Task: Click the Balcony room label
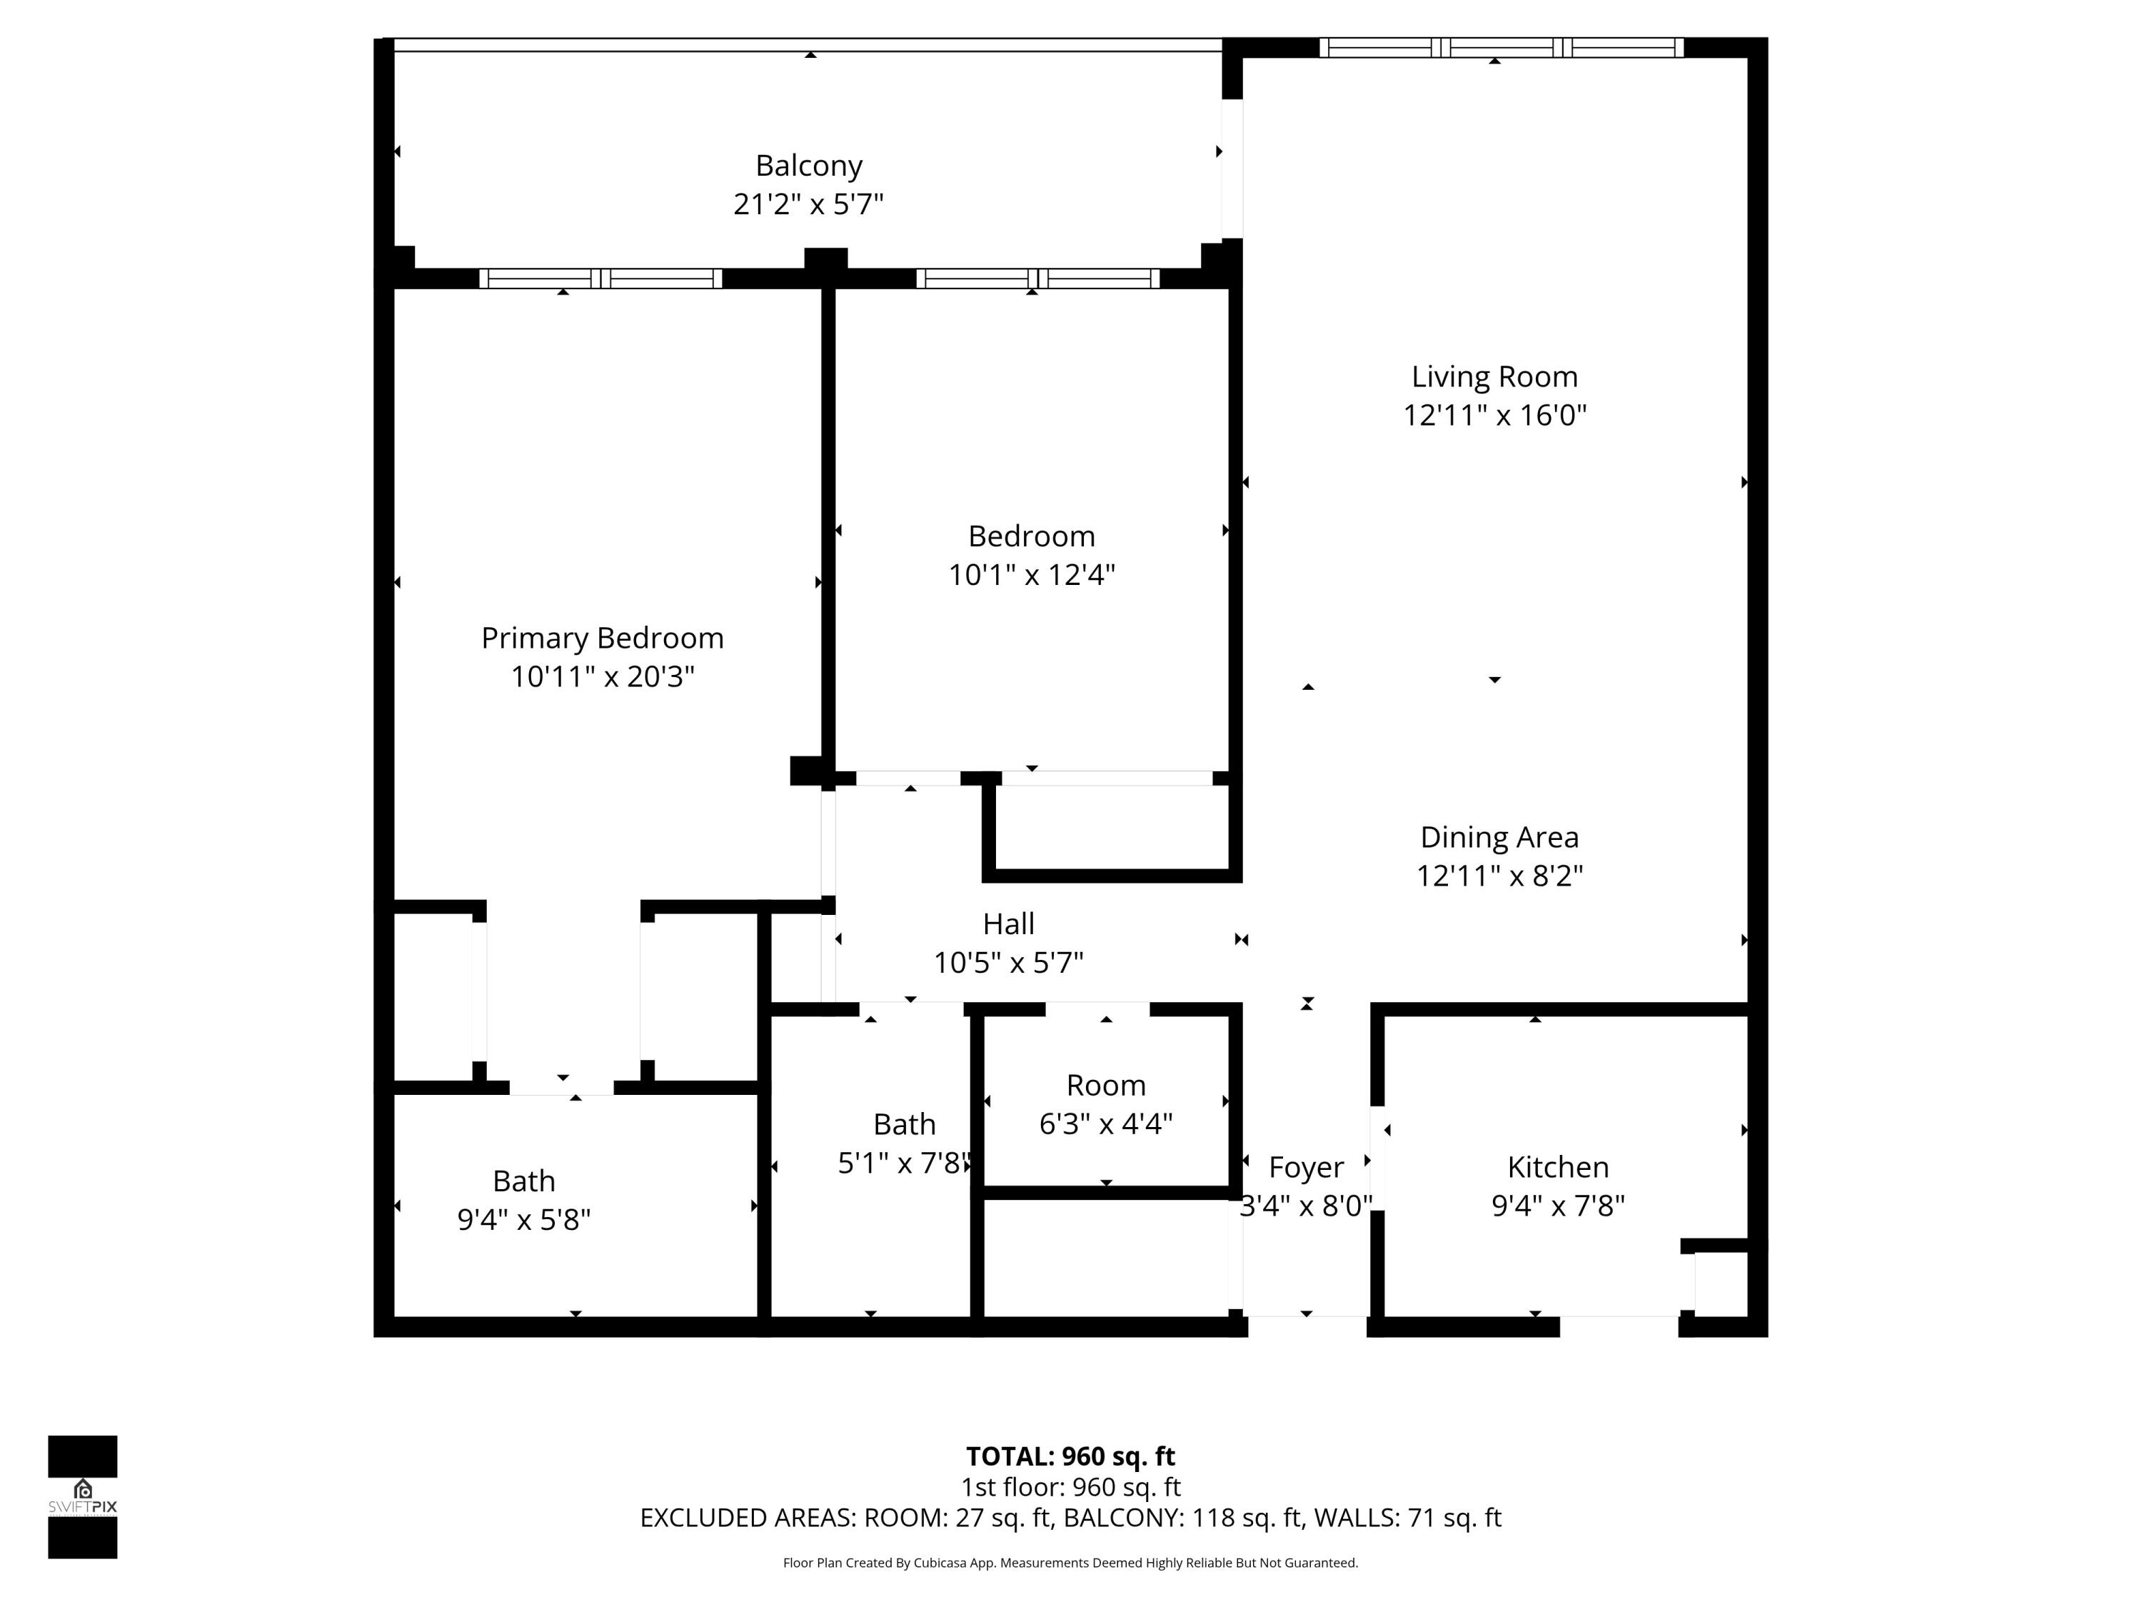(x=808, y=166)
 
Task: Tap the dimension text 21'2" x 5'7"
(x=808, y=204)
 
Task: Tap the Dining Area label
(x=1499, y=837)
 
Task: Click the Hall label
(x=1008, y=924)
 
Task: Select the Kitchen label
(x=1557, y=1167)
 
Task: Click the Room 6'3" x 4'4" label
(x=1106, y=1085)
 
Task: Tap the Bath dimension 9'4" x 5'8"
(x=524, y=1220)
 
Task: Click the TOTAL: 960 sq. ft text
(x=1070, y=1456)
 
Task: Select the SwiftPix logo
(x=82, y=1496)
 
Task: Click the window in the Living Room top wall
(x=1501, y=47)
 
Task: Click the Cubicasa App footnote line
(x=1070, y=1563)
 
